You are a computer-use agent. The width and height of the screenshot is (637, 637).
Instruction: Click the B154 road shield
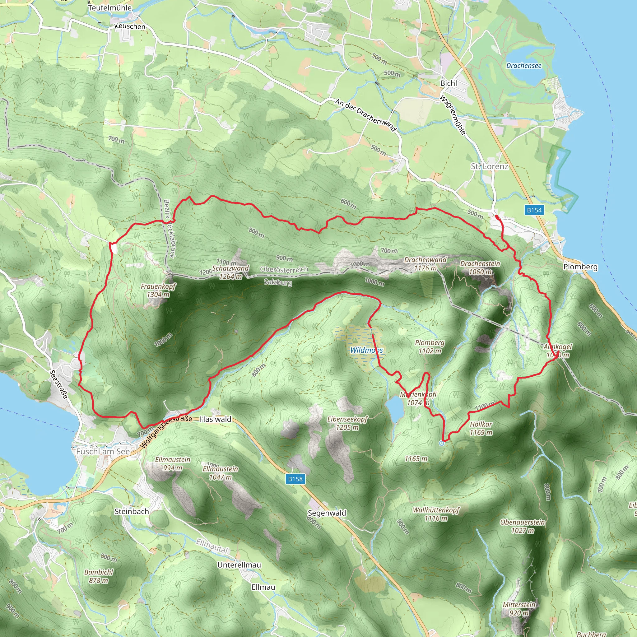[534, 210]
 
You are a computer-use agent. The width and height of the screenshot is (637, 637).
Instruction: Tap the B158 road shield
[295, 479]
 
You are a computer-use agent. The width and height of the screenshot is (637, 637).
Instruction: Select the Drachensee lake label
[523, 66]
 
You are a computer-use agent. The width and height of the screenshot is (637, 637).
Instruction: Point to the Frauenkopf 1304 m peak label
[158, 291]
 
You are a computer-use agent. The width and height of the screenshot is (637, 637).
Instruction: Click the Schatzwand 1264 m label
[230, 272]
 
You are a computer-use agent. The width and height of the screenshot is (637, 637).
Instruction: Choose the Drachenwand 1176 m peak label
[425, 264]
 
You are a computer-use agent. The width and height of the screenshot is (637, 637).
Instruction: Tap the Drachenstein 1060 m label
[480, 268]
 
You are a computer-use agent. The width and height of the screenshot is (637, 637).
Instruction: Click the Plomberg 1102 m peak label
[430, 347]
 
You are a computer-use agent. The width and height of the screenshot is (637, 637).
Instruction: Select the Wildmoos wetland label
[366, 350]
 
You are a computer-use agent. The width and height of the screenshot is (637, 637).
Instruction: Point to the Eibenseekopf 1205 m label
[347, 423]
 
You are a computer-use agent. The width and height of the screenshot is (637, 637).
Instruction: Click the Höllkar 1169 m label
[481, 428]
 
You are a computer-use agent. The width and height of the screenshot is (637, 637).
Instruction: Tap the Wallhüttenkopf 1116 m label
[436, 514]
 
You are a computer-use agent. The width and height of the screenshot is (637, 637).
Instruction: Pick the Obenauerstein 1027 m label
[523, 526]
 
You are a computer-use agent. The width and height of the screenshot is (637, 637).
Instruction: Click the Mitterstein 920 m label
[519, 609]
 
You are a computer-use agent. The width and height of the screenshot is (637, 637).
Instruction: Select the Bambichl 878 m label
[99, 576]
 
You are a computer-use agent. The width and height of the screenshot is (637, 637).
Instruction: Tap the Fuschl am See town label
[103, 451]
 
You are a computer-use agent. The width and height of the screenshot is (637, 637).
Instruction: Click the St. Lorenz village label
[489, 166]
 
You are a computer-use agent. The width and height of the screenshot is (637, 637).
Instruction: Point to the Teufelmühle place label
[110, 7]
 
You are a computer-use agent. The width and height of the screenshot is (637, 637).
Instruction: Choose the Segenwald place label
[327, 513]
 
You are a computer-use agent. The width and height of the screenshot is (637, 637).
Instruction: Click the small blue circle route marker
[442, 444]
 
